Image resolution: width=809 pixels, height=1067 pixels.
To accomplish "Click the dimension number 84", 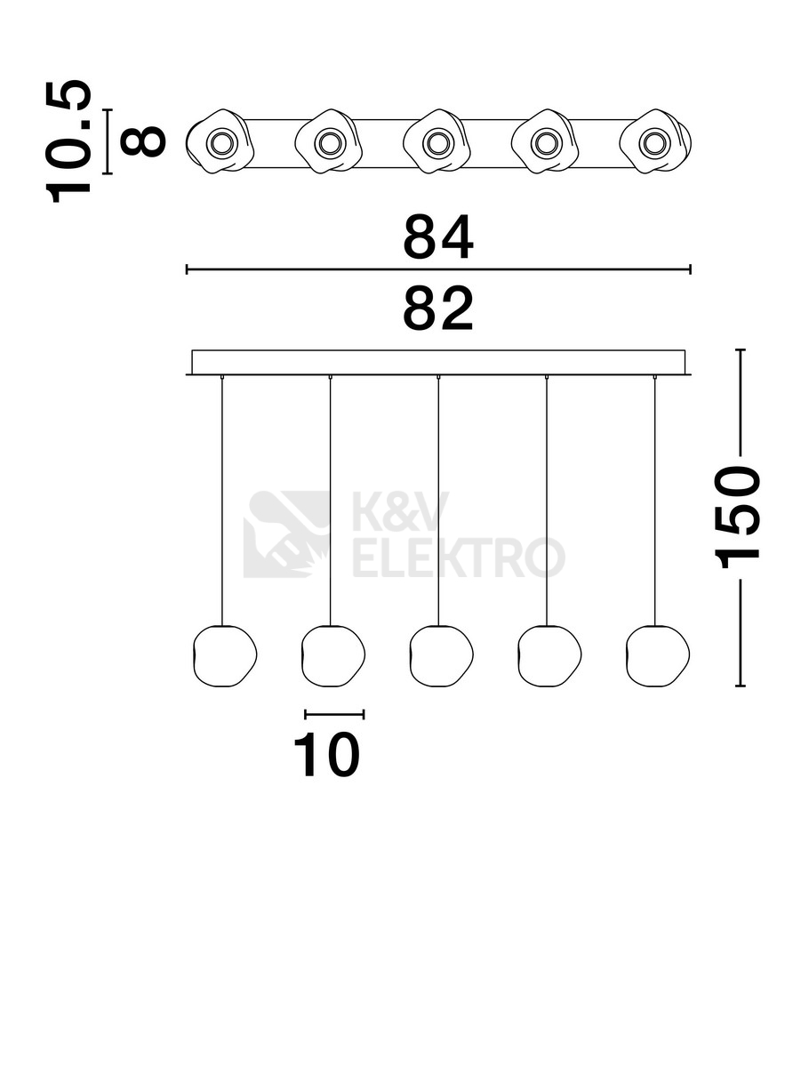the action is pos(437,237).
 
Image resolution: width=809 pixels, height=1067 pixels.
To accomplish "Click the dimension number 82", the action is pos(437,309).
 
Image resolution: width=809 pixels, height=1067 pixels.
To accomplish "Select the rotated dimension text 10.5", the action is pos(68,141).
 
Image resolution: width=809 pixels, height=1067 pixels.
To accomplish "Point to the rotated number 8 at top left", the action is pos(143,141).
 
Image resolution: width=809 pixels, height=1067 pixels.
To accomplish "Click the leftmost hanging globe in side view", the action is pos(225,655).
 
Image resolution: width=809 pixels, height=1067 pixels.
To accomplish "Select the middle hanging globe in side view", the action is pos(441,655).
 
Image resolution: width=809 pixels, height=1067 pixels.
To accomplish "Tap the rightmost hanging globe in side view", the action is pos(657,655).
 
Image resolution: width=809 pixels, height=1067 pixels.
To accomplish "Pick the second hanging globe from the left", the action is pos(332,655).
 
